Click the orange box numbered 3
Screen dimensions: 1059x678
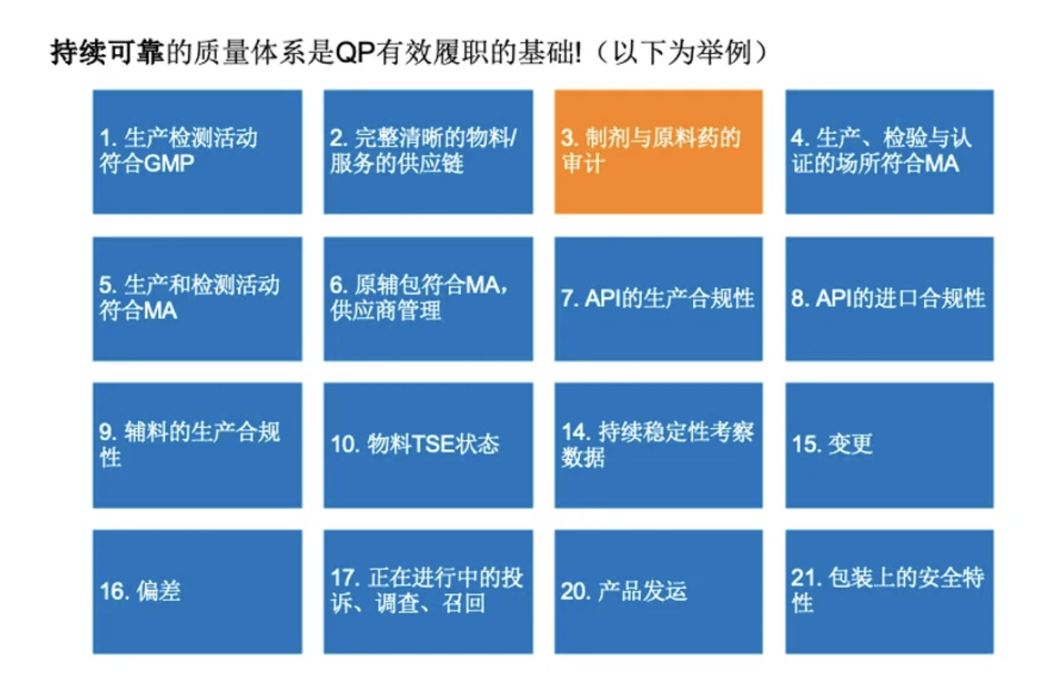coord(658,152)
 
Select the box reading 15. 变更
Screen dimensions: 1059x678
coord(889,445)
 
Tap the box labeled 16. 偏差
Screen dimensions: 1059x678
coord(197,592)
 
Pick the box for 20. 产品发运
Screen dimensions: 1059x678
coord(658,592)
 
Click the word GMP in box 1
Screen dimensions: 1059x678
coord(169,164)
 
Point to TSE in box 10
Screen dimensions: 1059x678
coord(432,444)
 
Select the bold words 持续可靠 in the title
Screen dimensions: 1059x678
coord(107,52)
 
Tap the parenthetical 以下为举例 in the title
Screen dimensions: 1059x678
coord(682,52)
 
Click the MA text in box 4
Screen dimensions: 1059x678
coord(942,164)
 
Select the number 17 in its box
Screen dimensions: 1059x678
coord(344,578)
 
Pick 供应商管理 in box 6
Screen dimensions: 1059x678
coord(386,311)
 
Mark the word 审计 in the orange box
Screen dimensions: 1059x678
coord(583,164)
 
